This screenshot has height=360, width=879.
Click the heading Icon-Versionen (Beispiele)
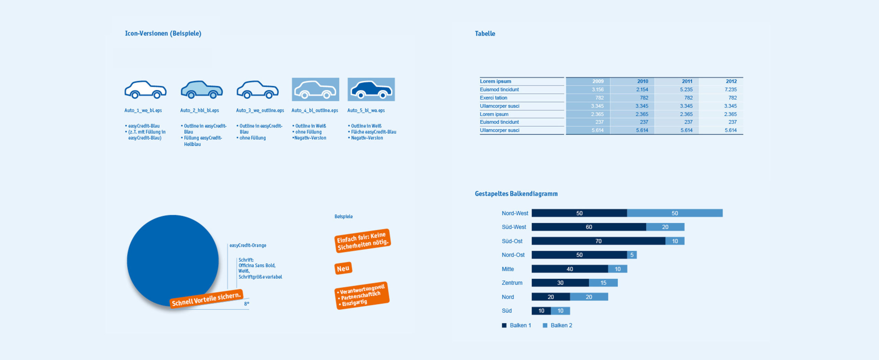click(x=163, y=34)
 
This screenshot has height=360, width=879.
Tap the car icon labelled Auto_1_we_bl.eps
click(x=145, y=90)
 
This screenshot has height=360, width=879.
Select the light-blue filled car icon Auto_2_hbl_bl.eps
click(x=202, y=90)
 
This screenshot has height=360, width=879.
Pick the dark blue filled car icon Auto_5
click(x=371, y=90)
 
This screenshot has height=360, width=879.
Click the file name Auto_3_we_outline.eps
click(x=260, y=111)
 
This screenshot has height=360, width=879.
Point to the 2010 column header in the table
click(x=642, y=81)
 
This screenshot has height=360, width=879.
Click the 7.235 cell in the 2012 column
click(x=730, y=90)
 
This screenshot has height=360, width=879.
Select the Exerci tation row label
click(x=493, y=98)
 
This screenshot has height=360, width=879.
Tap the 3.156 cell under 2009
click(x=597, y=90)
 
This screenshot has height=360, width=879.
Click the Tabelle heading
click(x=485, y=34)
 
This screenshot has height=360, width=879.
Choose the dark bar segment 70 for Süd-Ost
click(x=598, y=241)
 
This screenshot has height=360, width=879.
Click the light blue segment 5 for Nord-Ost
click(x=632, y=255)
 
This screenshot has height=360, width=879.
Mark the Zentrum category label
click(x=512, y=283)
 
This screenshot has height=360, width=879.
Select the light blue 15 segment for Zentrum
click(x=603, y=283)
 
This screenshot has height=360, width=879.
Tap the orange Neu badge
click(x=343, y=268)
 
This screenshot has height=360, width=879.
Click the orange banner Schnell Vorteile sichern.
click(x=206, y=299)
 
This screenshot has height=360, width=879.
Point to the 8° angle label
click(x=247, y=304)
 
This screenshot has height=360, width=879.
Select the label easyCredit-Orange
click(x=248, y=245)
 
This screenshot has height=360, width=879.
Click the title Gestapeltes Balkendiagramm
click(x=516, y=194)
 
